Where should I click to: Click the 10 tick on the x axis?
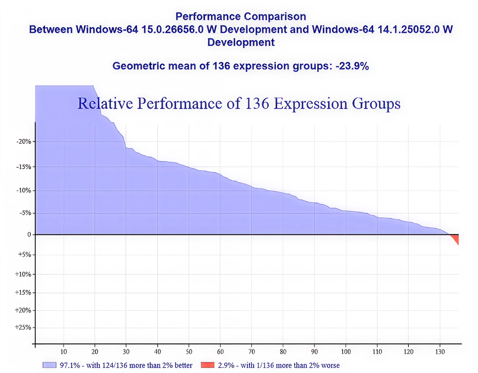point(63,351)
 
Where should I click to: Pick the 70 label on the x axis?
point(251,351)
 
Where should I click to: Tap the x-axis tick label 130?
point(439,351)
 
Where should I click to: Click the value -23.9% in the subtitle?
point(352,66)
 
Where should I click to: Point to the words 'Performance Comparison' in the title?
point(241,17)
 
